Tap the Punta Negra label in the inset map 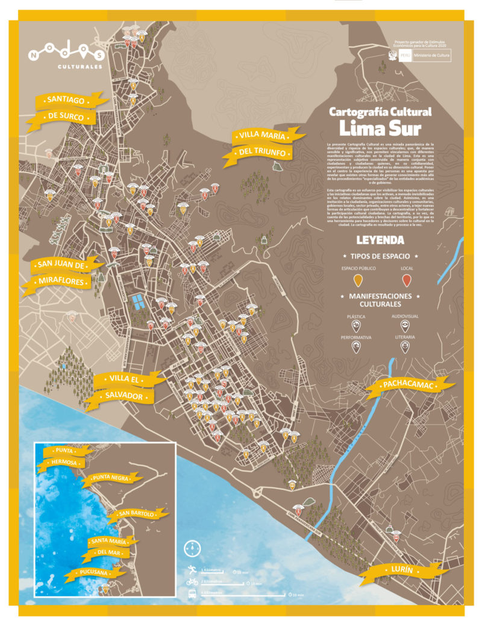point(111,479)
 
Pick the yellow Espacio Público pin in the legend point(357,279)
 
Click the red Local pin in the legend point(407,279)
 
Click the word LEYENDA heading point(380,240)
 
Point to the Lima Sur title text point(380,128)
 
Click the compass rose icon point(192,549)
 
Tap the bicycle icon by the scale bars point(192,582)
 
